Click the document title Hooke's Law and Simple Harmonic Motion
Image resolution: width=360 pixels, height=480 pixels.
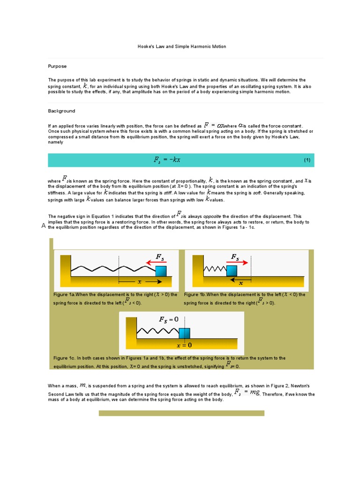(x=181, y=47)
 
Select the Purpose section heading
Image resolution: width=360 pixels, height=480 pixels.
(x=57, y=67)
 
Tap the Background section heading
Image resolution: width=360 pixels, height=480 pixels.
(x=61, y=111)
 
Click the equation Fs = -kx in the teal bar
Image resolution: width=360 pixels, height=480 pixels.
(x=167, y=160)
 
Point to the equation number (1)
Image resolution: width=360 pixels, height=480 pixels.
(x=307, y=160)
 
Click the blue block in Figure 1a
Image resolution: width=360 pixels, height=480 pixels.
(x=161, y=271)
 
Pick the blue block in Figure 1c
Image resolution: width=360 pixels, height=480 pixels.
(x=184, y=333)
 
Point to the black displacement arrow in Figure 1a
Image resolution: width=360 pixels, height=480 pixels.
(x=141, y=282)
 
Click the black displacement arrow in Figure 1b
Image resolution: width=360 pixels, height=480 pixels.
(x=240, y=278)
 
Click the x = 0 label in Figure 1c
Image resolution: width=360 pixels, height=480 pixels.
(x=184, y=345)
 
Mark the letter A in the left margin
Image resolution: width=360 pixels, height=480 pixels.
(x=44, y=226)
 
